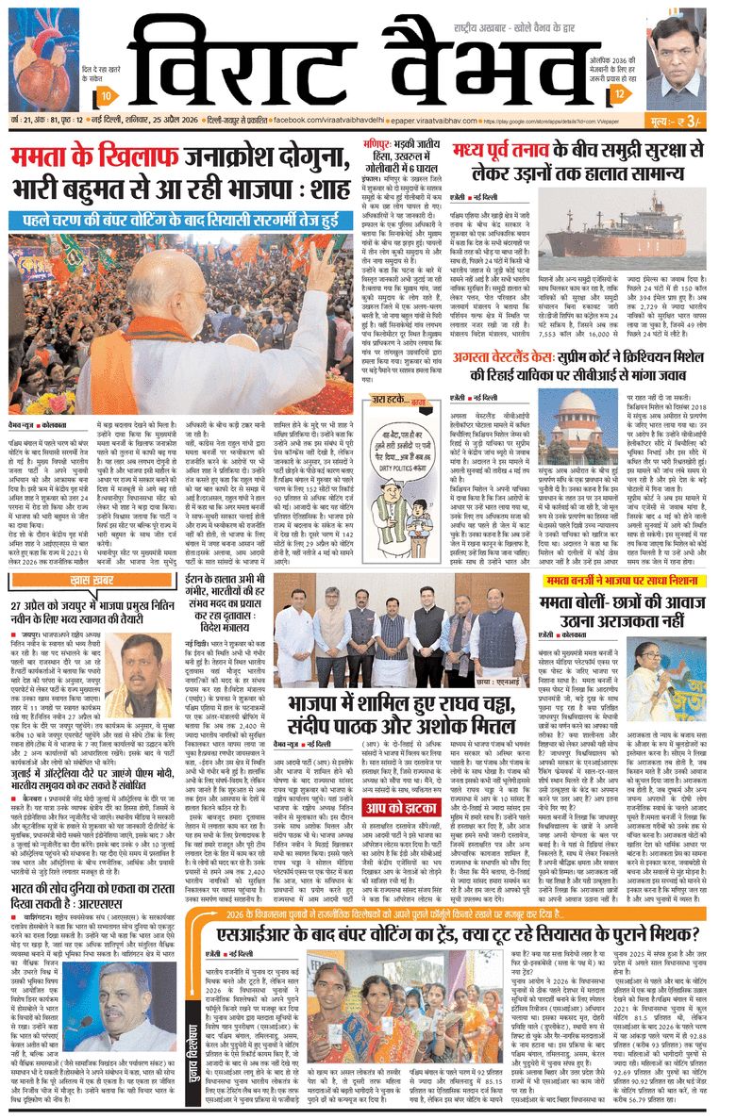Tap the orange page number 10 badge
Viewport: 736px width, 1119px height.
pos(108,96)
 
